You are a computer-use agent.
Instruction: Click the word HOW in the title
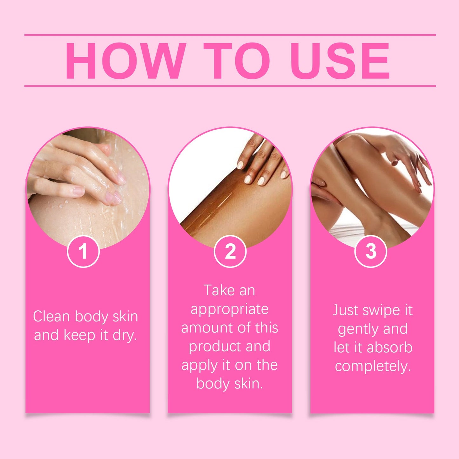125,61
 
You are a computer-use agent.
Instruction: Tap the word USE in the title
340,61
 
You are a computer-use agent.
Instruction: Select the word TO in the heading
237,61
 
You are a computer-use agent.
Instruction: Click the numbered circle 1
83,252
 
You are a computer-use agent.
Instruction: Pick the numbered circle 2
230,252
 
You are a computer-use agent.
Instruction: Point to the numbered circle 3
371,252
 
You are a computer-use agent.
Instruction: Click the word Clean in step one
51,317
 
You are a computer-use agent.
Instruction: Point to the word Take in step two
219,290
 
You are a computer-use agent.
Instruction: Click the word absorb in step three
390,348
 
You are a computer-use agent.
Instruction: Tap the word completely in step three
373,367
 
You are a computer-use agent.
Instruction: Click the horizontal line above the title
230,35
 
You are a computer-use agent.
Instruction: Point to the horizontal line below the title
230,86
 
